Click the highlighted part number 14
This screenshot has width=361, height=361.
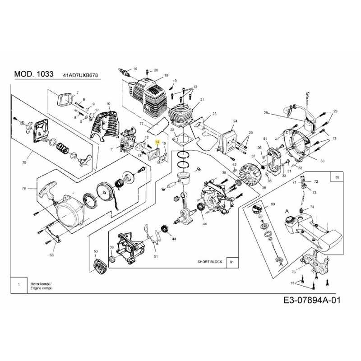[x=157, y=141]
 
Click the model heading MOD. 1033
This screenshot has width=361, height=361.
[x=34, y=74]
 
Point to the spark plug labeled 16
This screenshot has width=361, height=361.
[x=122, y=71]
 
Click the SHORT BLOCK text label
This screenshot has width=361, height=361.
[x=210, y=262]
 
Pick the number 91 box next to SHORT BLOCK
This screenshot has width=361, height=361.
[x=232, y=262]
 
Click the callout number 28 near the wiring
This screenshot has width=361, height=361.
[x=266, y=112]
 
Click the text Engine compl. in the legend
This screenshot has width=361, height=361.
[x=41, y=287]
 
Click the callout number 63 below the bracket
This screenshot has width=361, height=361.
[x=51, y=255]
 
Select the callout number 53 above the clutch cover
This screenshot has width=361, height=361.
[x=96, y=251]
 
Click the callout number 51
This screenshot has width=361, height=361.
[x=156, y=257]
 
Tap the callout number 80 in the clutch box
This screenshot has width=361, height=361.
[x=272, y=204]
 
